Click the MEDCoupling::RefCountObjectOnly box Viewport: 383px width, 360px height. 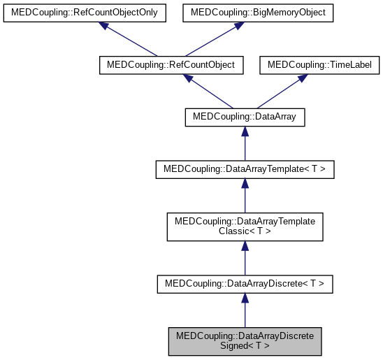coord(85,13)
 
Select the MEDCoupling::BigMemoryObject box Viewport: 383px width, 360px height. coord(259,13)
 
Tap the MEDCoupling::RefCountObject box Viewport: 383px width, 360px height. coord(171,65)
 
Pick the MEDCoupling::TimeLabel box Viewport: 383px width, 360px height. coord(320,65)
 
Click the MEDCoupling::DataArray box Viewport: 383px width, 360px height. coord(245,117)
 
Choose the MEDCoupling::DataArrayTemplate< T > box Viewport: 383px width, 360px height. coord(245,170)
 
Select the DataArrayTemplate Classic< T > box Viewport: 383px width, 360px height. coord(245,226)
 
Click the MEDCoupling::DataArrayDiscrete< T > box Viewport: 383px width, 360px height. coord(245,284)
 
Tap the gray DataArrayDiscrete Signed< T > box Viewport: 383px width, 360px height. coord(245,340)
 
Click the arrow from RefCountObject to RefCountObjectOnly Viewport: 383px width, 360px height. coord(129,39)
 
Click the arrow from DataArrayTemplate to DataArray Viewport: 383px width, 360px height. coord(245,144)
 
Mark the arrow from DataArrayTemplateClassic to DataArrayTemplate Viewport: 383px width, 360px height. coord(245,196)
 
